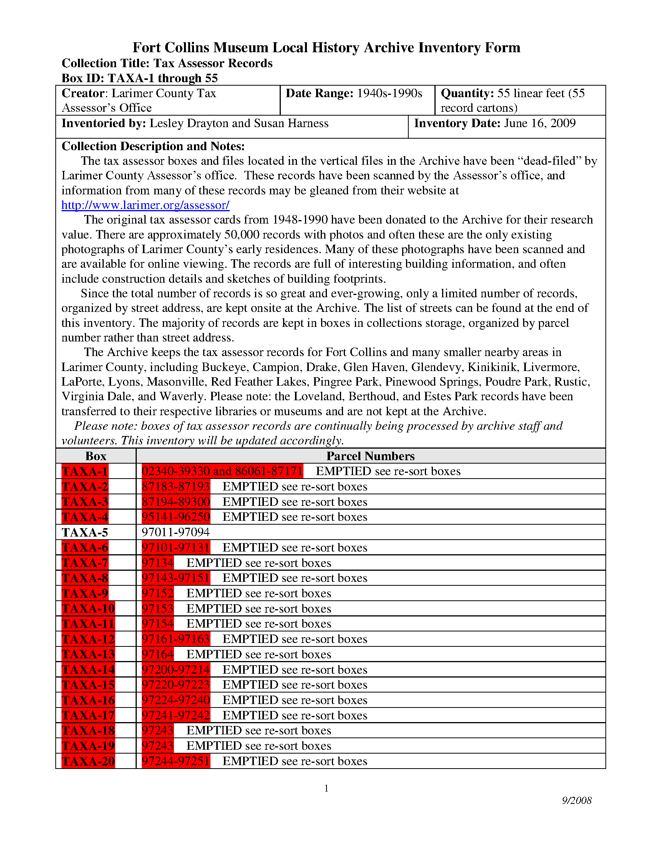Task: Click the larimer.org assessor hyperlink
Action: (146, 205)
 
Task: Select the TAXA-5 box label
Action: (85, 533)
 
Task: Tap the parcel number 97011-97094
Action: (176, 532)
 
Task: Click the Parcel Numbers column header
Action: (370, 456)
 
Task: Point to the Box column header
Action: (96, 456)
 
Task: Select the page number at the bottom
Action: (326, 788)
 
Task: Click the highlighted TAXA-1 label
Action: (85, 471)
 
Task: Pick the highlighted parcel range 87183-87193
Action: (176, 486)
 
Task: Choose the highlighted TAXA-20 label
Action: (88, 761)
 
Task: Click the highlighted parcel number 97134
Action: (157, 563)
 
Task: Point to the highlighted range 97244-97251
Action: (176, 761)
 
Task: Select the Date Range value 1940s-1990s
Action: (389, 93)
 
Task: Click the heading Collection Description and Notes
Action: (153, 146)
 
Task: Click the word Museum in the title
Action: (240, 48)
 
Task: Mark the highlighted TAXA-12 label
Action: (88, 639)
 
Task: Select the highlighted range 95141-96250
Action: (176, 517)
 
